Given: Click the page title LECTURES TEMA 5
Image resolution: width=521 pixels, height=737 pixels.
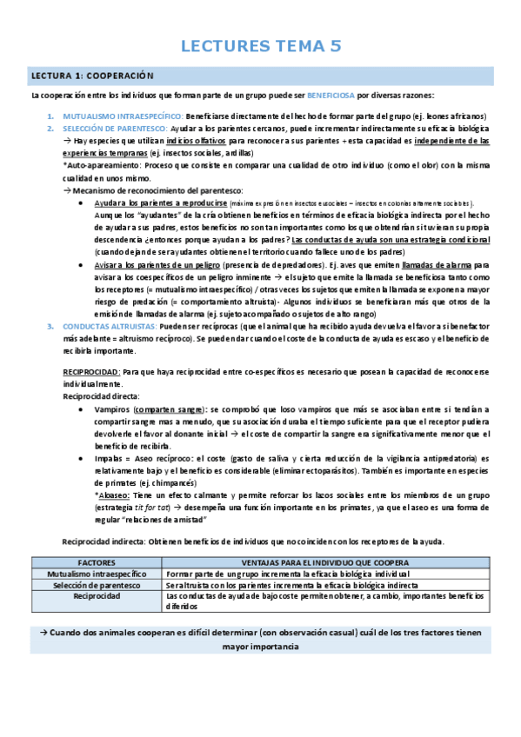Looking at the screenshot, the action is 261,47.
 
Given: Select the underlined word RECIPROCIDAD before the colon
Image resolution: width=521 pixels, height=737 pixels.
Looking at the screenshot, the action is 90,371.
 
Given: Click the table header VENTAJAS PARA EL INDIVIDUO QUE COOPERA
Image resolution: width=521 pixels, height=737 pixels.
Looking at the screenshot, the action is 325,563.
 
